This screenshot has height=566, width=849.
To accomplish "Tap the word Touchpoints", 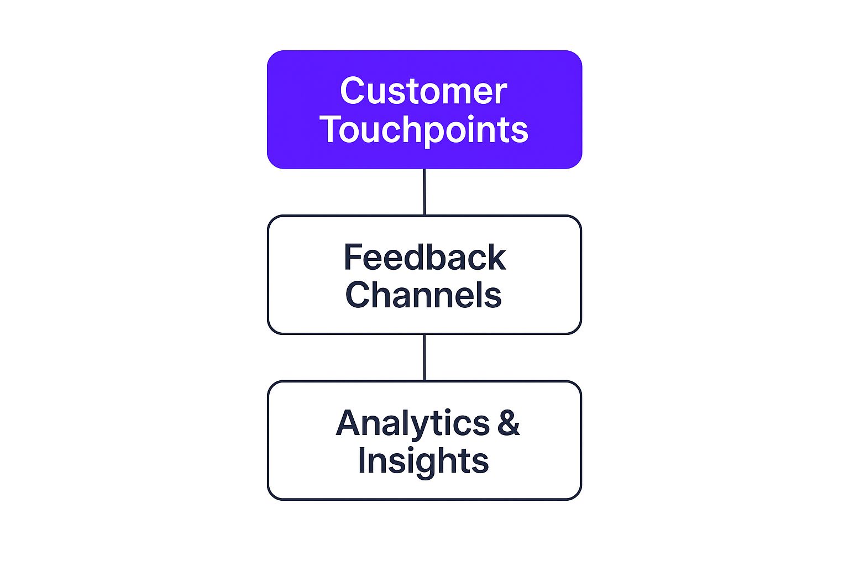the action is (x=424, y=131).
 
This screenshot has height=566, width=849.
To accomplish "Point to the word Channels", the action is (x=423, y=295).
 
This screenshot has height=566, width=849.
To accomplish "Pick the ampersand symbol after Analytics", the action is (x=509, y=422).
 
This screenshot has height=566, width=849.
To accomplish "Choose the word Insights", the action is (x=423, y=462).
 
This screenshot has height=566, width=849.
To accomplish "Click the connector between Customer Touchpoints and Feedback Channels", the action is (x=424, y=192).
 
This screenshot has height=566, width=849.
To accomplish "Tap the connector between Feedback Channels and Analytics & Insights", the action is (x=424, y=358).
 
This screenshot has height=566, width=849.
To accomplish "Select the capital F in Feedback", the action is (x=353, y=256).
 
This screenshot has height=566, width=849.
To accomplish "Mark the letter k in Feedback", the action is (x=495, y=256).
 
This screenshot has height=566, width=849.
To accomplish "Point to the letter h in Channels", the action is (x=385, y=295).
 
